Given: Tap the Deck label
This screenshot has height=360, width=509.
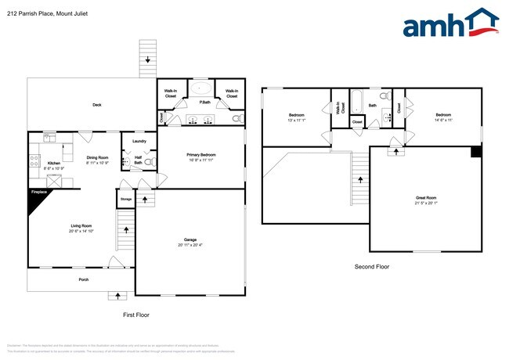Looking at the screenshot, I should point(97,105).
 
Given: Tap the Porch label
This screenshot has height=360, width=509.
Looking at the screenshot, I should point(83,279).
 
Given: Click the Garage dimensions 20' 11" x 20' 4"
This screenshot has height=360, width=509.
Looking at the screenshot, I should point(189,246).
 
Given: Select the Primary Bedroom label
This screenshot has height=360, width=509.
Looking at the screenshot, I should point(201,155).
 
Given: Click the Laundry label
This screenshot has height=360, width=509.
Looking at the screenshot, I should point(139,141).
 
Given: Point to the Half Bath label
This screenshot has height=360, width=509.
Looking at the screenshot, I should point(138,161).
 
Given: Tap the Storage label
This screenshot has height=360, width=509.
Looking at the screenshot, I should point(125,200).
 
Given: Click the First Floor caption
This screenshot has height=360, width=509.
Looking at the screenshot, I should point(136,315).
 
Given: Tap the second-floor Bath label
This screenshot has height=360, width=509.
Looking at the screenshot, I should point(373,105).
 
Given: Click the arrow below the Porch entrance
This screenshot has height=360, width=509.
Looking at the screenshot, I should point(118,296).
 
